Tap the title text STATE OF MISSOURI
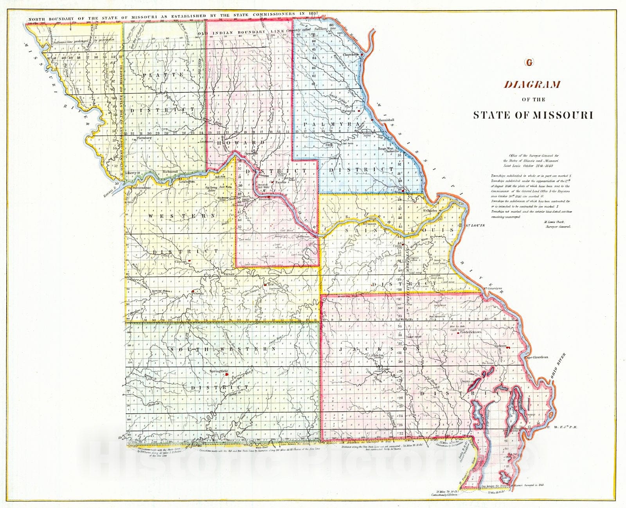click(533, 115)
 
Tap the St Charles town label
click(429, 211)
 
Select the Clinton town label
click(180, 262)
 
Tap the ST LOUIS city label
click(475, 225)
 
